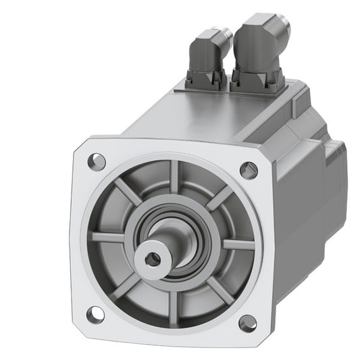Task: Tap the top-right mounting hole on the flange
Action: (249, 170)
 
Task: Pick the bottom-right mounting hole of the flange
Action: (247, 323)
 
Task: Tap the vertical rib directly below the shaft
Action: (170, 297)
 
